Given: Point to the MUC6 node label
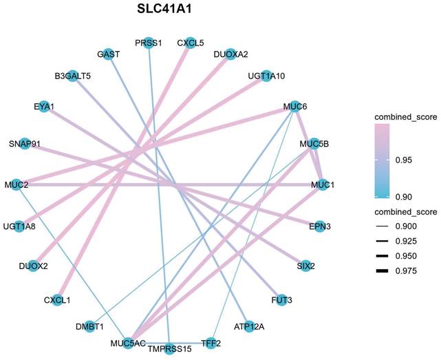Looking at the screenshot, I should [x=295, y=107].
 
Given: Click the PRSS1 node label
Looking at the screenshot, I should [x=149, y=43].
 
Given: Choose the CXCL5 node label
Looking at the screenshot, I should [x=189, y=43].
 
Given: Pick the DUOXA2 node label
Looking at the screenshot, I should [x=231, y=54].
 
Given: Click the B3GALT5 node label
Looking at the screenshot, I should [x=73, y=76].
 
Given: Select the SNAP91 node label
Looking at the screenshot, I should [x=25, y=143].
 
